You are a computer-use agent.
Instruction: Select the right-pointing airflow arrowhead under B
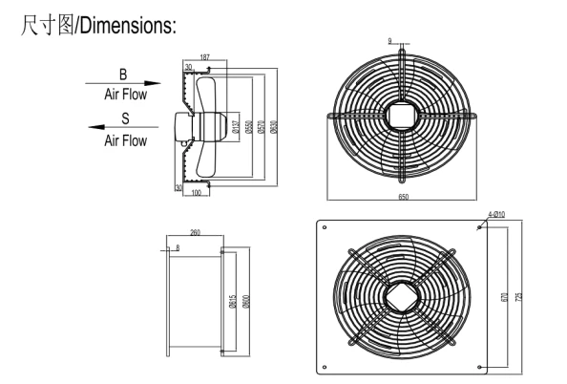point(157,83)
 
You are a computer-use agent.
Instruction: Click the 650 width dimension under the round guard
point(404,196)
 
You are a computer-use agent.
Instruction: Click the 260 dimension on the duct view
point(196,232)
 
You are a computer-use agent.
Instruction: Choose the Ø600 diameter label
point(246,302)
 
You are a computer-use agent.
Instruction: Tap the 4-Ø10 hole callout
point(497,216)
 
